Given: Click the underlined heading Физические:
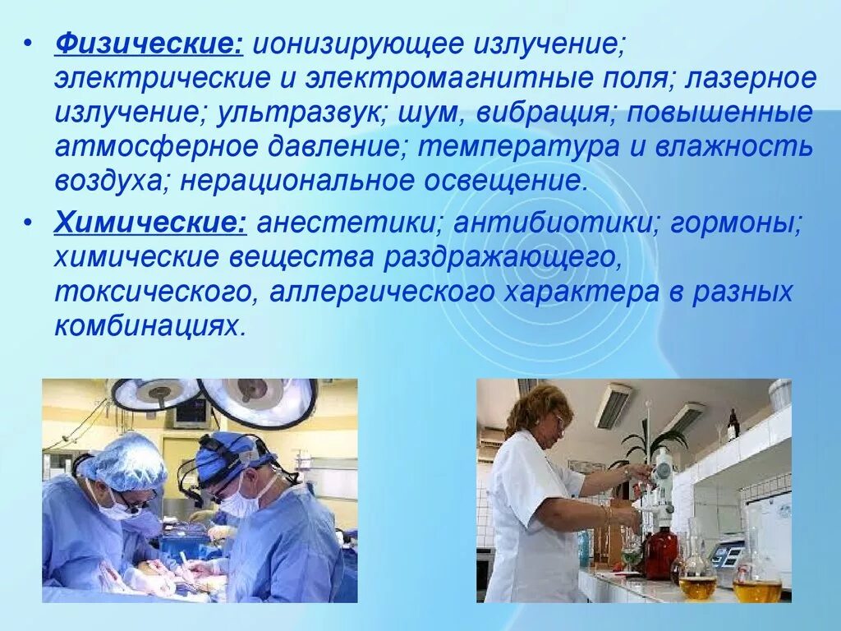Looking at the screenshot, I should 149,44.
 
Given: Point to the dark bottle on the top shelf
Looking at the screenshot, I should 733,425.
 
